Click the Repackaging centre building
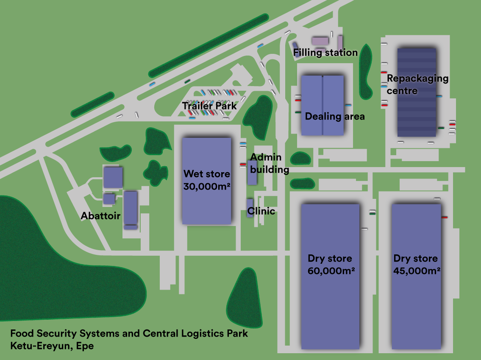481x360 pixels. coord(417,114)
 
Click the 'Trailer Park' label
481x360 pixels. coord(209,106)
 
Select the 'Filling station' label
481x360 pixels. coord(325,53)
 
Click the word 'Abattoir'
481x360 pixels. coord(100,216)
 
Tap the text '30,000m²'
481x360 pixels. coord(206,186)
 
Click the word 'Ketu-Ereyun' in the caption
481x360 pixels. coord(38,346)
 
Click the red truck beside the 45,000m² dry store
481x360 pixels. coord(444,217)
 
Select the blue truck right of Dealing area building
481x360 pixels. coord(348,105)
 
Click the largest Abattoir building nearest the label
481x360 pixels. coord(131,208)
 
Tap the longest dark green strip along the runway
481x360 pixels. coord(209,45)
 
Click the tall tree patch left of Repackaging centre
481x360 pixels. coord(365,70)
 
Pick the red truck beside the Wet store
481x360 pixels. coord(243,164)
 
